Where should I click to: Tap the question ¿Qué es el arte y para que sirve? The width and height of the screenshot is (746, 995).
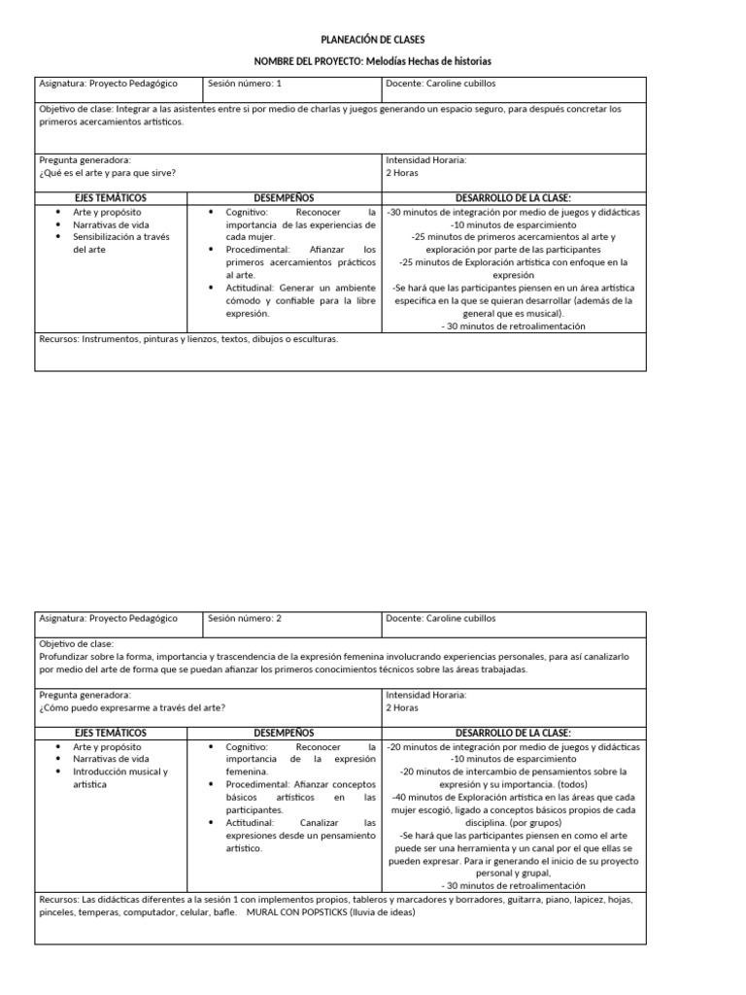[108, 173]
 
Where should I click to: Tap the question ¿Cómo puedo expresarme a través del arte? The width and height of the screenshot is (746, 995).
[132, 707]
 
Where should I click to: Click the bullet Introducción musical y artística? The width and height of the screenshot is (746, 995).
[119, 777]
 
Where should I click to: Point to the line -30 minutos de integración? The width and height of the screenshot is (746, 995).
[513, 212]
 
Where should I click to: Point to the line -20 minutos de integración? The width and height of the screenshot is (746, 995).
[513, 747]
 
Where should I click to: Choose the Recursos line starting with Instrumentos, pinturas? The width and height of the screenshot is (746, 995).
[188, 340]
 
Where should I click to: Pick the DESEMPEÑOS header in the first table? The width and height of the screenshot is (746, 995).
[284, 197]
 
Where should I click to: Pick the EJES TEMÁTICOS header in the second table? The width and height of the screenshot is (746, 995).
[111, 732]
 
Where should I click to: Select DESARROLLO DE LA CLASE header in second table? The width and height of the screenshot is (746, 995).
[513, 732]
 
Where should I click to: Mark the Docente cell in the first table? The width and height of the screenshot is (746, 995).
[454, 85]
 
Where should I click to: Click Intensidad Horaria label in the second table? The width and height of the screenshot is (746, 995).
[426, 695]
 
